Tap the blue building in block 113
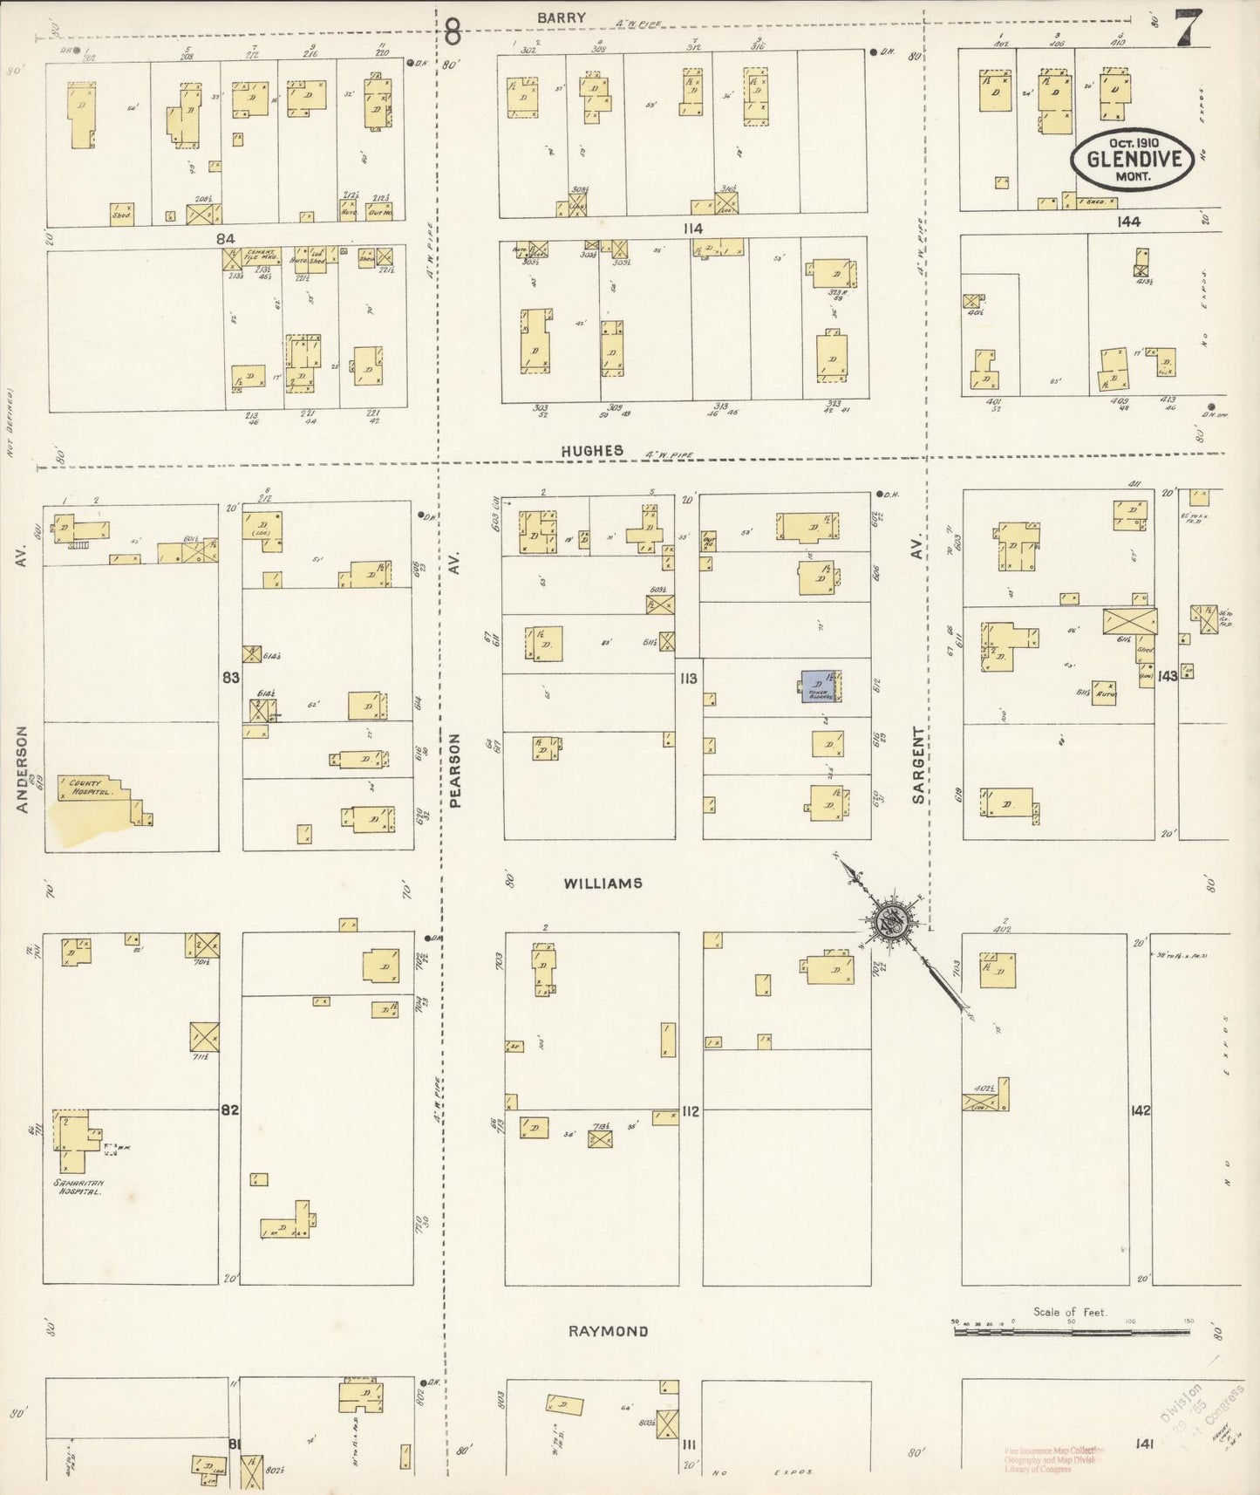click(x=817, y=686)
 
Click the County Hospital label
click(x=79, y=787)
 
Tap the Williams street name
click(x=603, y=884)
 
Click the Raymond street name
click(x=608, y=1331)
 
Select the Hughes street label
click(x=592, y=451)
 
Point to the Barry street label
click(x=562, y=17)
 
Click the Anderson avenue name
click(x=23, y=769)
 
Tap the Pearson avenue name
click(x=455, y=769)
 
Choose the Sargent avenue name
click(x=918, y=765)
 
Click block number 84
click(x=226, y=238)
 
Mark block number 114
click(x=693, y=228)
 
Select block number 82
click(x=229, y=1110)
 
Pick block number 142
click(x=1141, y=1110)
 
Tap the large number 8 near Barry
click(x=453, y=32)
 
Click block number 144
click(x=1129, y=222)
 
